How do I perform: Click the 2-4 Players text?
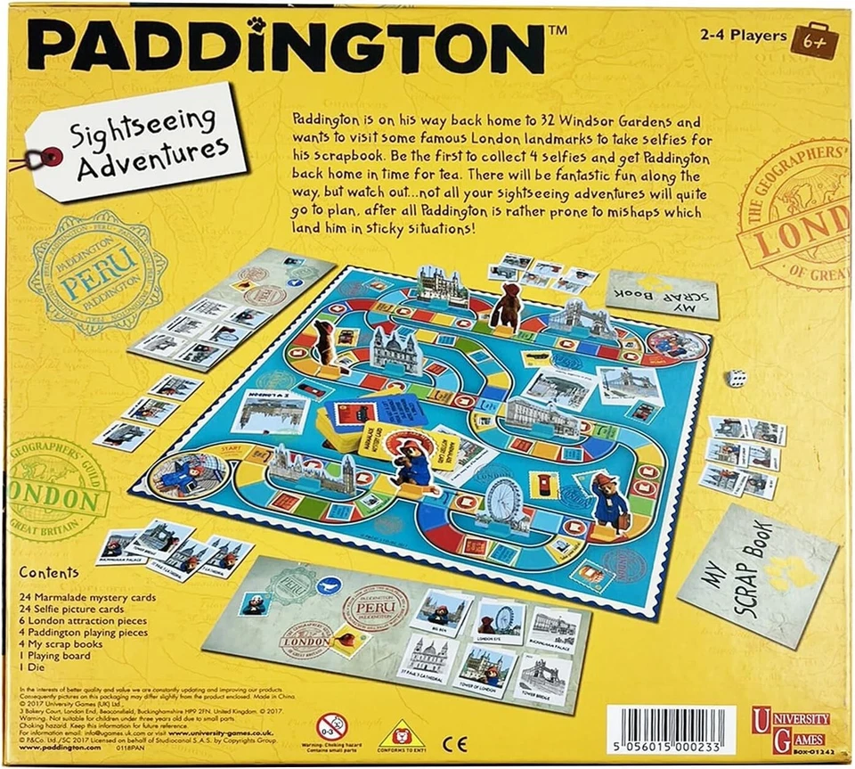pos(742,36)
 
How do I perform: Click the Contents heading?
pos(48,573)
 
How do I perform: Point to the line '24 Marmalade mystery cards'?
pos(87,596)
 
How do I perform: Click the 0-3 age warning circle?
pos(331,723)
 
